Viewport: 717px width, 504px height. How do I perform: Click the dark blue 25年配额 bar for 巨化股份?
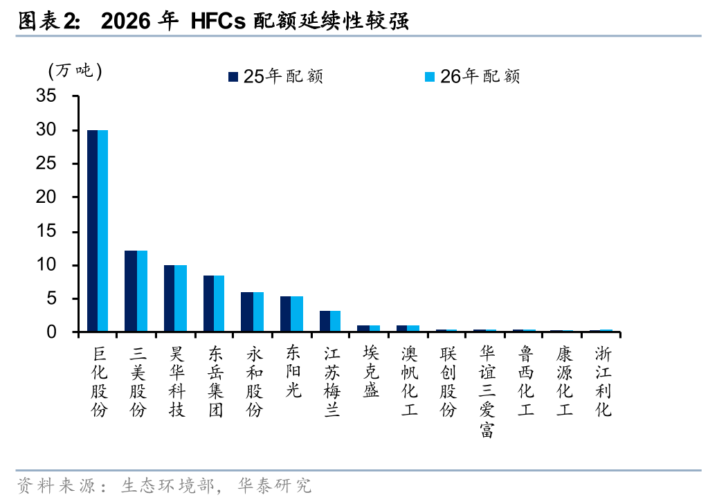tap(92, 231)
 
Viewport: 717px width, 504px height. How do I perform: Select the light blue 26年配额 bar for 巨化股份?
tap(102, 231)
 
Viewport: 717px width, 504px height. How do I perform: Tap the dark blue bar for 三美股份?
tap(131, 291)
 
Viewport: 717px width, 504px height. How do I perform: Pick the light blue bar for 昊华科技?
tap(180, 298)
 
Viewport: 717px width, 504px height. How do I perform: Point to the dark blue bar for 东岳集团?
tap(208, 304)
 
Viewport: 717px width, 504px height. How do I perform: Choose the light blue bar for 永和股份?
tap(257, 312)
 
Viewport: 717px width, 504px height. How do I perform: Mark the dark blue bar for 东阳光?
tap(286, 314)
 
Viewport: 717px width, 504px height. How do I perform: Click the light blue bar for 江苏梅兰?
tap(335, 322)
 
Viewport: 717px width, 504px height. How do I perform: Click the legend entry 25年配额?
tap(276, 76)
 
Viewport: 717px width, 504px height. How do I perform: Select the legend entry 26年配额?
tap(473, 76)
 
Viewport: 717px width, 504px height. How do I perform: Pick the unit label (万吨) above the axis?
tap(75, 71)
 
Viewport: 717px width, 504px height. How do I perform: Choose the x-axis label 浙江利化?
tap(603, 381)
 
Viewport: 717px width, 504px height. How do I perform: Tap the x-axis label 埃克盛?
tap(371, 372)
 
